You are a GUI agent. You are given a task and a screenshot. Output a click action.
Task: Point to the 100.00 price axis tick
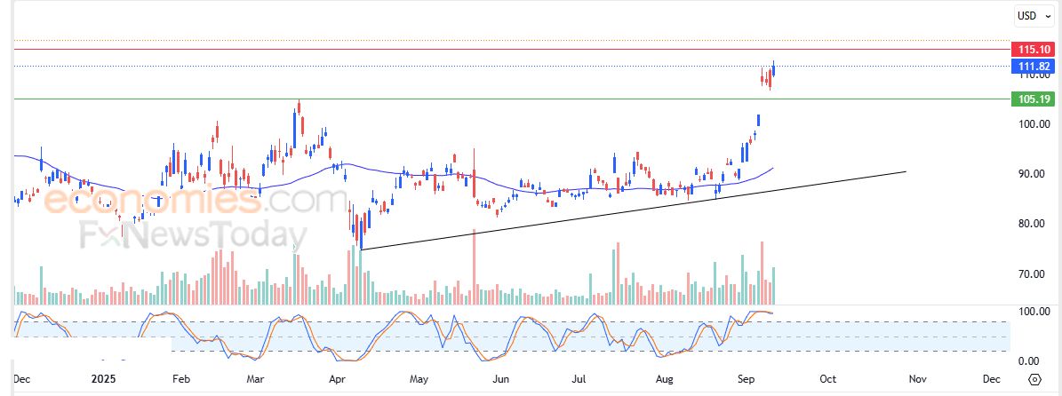(1034, 124)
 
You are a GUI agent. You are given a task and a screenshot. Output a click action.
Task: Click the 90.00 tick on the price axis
(1034, 174)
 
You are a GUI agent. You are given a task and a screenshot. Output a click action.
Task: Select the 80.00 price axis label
(1034, 224)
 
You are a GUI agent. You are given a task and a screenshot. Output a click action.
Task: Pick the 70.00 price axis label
(1034, 274)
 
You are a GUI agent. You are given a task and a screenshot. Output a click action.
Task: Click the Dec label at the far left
(22, 379)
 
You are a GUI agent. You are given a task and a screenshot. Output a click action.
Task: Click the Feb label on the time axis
(180, 379)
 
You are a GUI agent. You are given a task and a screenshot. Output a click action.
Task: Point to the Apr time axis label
(337, 379)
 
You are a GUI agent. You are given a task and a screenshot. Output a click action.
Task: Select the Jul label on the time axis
(580, 379)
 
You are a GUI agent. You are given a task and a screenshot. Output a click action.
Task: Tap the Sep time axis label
(747, 379)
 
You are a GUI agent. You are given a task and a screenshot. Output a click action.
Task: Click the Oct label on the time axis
(827, 379)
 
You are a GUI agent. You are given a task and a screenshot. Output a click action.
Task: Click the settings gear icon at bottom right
(1034, 379)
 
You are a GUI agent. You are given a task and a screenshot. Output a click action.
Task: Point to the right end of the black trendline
(906, 171)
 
